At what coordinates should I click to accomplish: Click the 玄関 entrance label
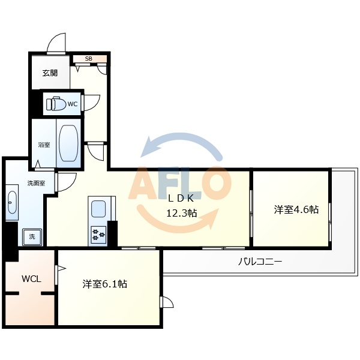pyautogui.click(x=50, y=73)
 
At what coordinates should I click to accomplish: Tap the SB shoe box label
pyautogui.click(x=89, y=59)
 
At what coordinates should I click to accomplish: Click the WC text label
pyautogui.click(x=73, y=104)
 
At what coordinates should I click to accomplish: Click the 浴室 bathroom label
pyautogui.click(x=44, y=145)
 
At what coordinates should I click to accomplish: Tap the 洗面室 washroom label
pyautogui.click(x=36, y=183)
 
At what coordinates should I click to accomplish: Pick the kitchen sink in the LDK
pyautogui.click(x=97, y=209)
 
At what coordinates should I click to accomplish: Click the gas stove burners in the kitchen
pyautogui.click(x=97, y=233)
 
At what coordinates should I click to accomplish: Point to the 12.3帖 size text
pyautogui.click(x=182, y=212)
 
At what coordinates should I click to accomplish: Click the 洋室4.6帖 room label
pyautogui.click(x=296, y=209)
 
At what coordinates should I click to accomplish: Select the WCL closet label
pyautogui.click(x=31, y=279)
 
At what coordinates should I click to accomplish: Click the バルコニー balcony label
pyautogui.click(x=260, y=262)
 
